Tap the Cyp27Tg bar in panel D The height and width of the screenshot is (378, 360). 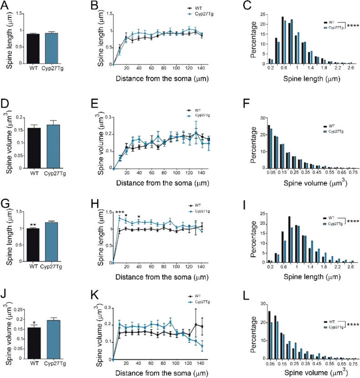[54, 146]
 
